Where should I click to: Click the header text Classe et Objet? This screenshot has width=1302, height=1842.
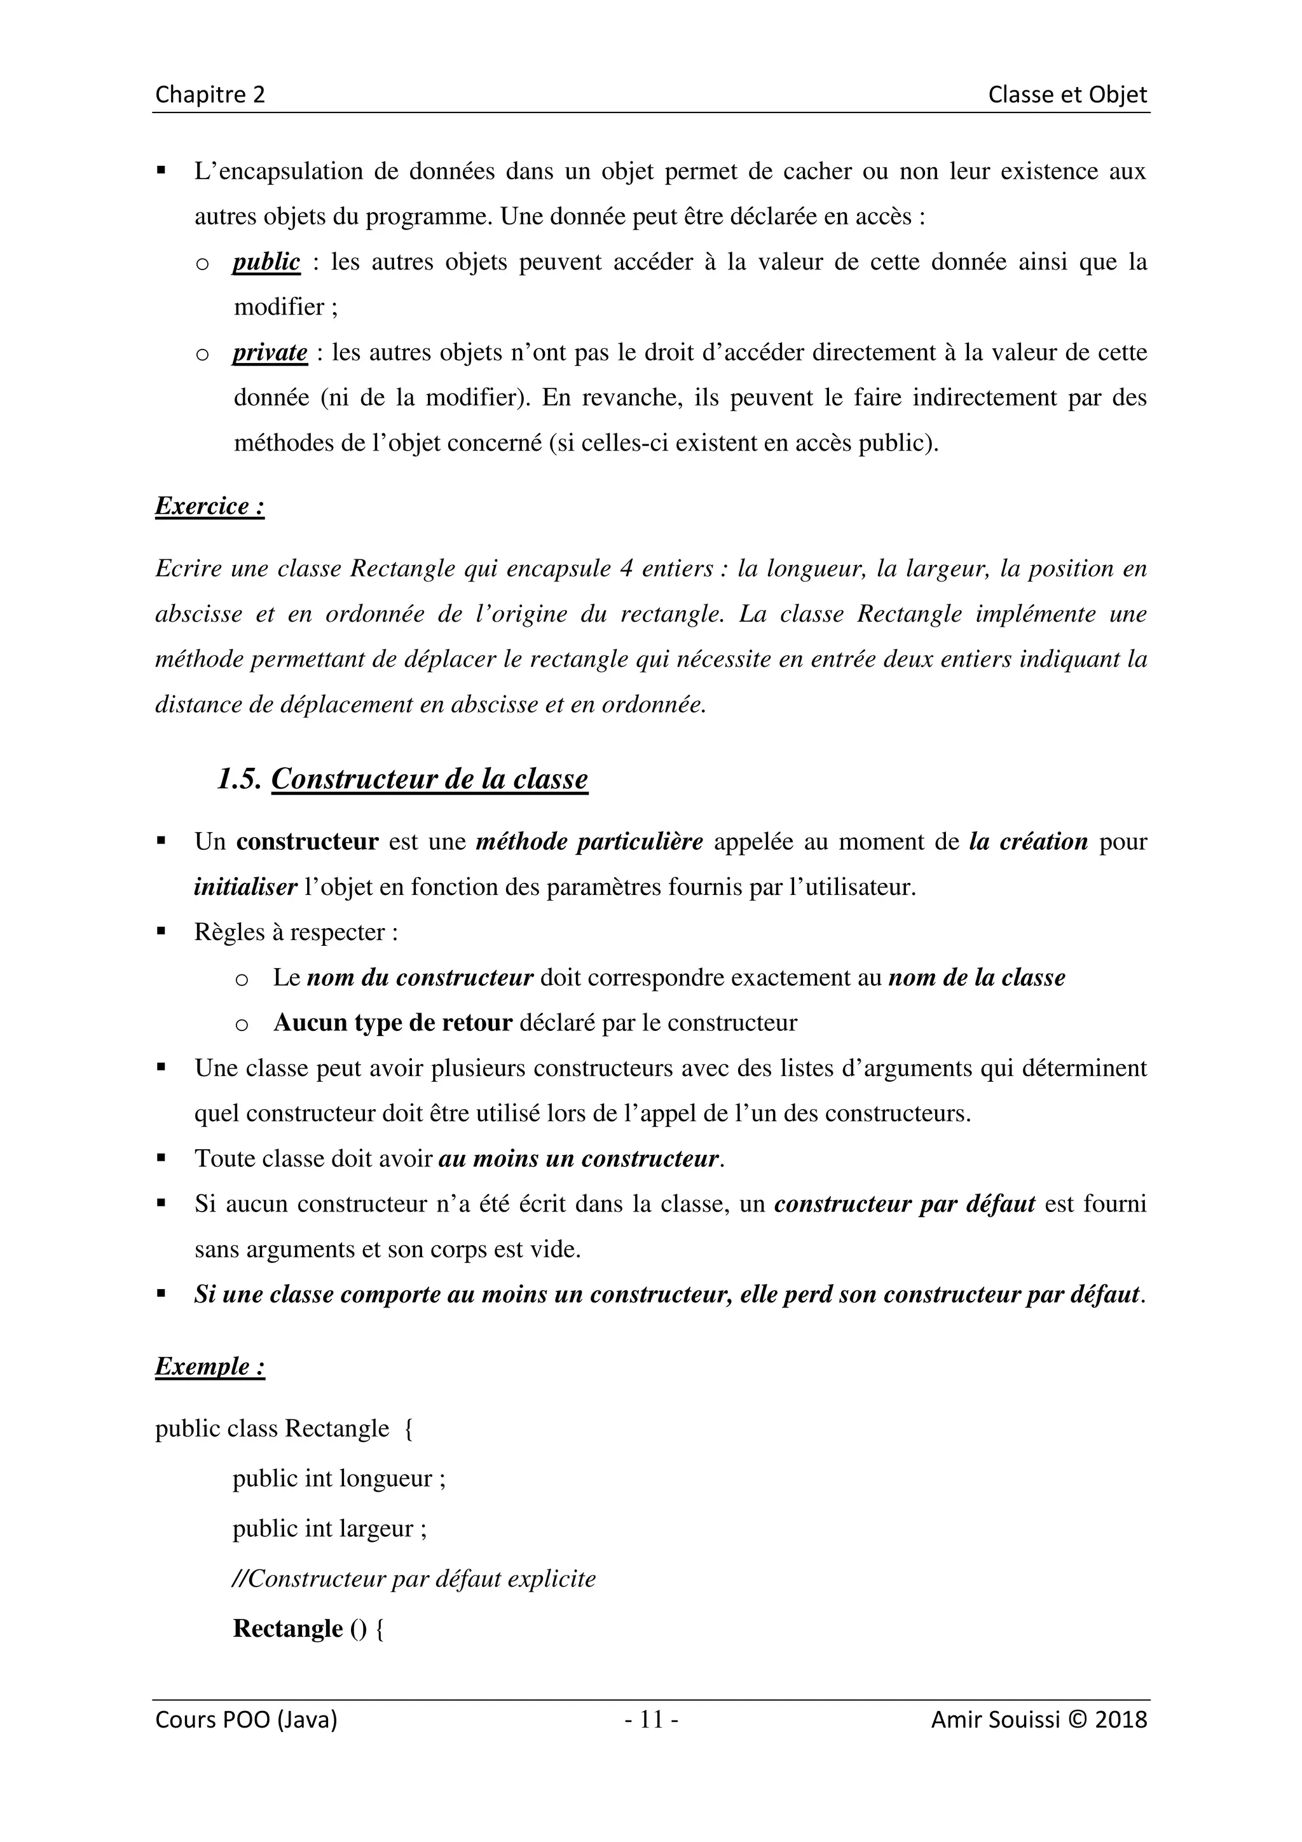1067,95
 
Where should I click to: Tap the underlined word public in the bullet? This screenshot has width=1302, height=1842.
266,263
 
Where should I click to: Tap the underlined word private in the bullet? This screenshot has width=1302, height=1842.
270,353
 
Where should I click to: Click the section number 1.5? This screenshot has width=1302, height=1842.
238,779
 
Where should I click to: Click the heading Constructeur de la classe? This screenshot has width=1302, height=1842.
429,779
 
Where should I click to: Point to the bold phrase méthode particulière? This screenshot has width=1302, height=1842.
589,842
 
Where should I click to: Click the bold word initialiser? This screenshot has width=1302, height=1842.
245,887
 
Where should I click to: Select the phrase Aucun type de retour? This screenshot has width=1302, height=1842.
392,1023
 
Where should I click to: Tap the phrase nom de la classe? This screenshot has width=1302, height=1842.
976,978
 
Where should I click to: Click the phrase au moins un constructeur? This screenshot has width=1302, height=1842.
578,1159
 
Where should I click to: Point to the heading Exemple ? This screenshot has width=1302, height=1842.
209,1367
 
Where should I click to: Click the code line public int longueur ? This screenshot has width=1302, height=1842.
339,1478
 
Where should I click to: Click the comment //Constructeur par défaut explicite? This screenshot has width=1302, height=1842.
413,1579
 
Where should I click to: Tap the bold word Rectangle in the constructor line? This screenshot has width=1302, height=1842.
287,1628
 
